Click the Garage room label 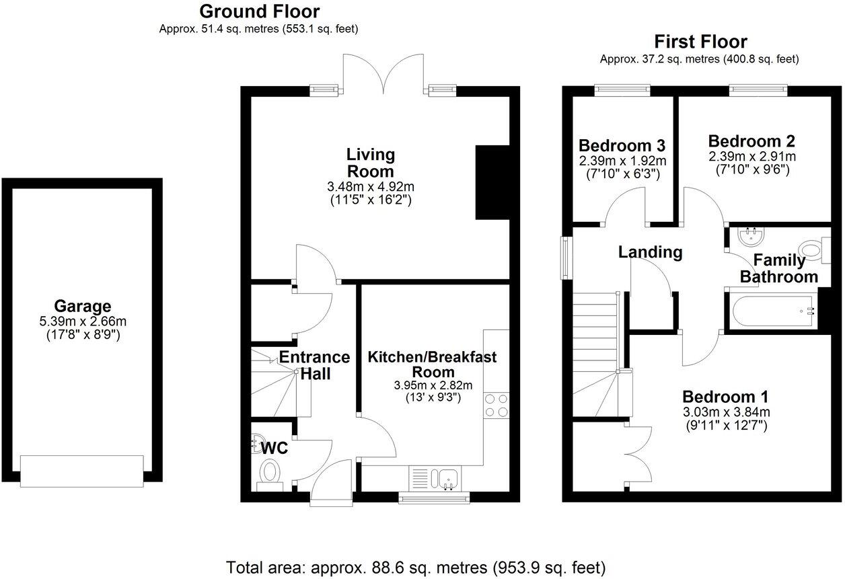coord(83,307)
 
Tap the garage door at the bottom coord(81,470)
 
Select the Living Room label coord(370,162)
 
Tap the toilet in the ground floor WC coord(270,472)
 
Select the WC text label coord(275,448)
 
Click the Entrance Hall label coord(314,365)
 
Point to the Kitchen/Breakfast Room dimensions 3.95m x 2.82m coord(433,385)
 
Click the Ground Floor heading coord(259,11)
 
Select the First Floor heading coord(699,42)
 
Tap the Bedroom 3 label coord(622,145)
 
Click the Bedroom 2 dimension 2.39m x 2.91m coord(751,156)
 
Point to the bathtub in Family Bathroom coord(771,311)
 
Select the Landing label coord(650,252)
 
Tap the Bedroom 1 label coord(725,396)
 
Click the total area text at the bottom coord(416,566)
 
